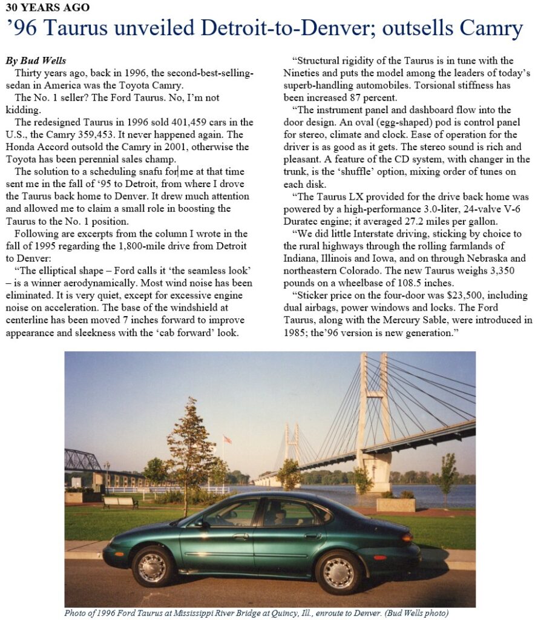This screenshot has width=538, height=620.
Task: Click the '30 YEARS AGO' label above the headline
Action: [x=47, y=8]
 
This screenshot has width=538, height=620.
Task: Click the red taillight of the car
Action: [x=407, y=536]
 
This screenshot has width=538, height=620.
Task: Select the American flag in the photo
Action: [x=228, y=439]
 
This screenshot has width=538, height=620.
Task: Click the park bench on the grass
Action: [x=120, y=502]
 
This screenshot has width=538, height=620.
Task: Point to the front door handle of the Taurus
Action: [x=241, y=536]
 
